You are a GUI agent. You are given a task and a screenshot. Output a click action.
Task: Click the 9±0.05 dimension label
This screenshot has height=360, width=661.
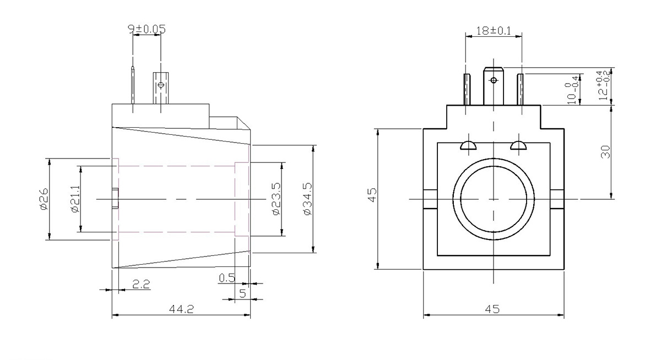click(x=147, y=29)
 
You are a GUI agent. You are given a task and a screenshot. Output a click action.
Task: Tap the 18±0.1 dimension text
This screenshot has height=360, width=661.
click(x=494, y=31)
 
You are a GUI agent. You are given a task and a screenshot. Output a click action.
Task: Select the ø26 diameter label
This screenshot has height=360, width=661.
click(x=44, y=199)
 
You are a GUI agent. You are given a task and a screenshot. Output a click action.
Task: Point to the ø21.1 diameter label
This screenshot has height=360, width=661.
click(x=75, y=199)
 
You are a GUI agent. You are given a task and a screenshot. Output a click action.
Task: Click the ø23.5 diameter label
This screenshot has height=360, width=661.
click(x=276, y=199)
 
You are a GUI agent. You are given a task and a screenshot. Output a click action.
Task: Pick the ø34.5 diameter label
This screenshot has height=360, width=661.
click(x=307, y=199)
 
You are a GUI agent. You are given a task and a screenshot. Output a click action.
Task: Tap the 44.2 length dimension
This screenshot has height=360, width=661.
click(x=181, y=309)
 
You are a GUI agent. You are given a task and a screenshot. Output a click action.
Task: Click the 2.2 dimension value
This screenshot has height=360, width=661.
click(x=141, y=284)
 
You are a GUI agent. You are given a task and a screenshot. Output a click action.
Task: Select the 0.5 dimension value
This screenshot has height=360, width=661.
click(x=227, y=278)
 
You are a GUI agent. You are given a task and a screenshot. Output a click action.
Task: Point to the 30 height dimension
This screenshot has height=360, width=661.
click(x=605, y=152)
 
